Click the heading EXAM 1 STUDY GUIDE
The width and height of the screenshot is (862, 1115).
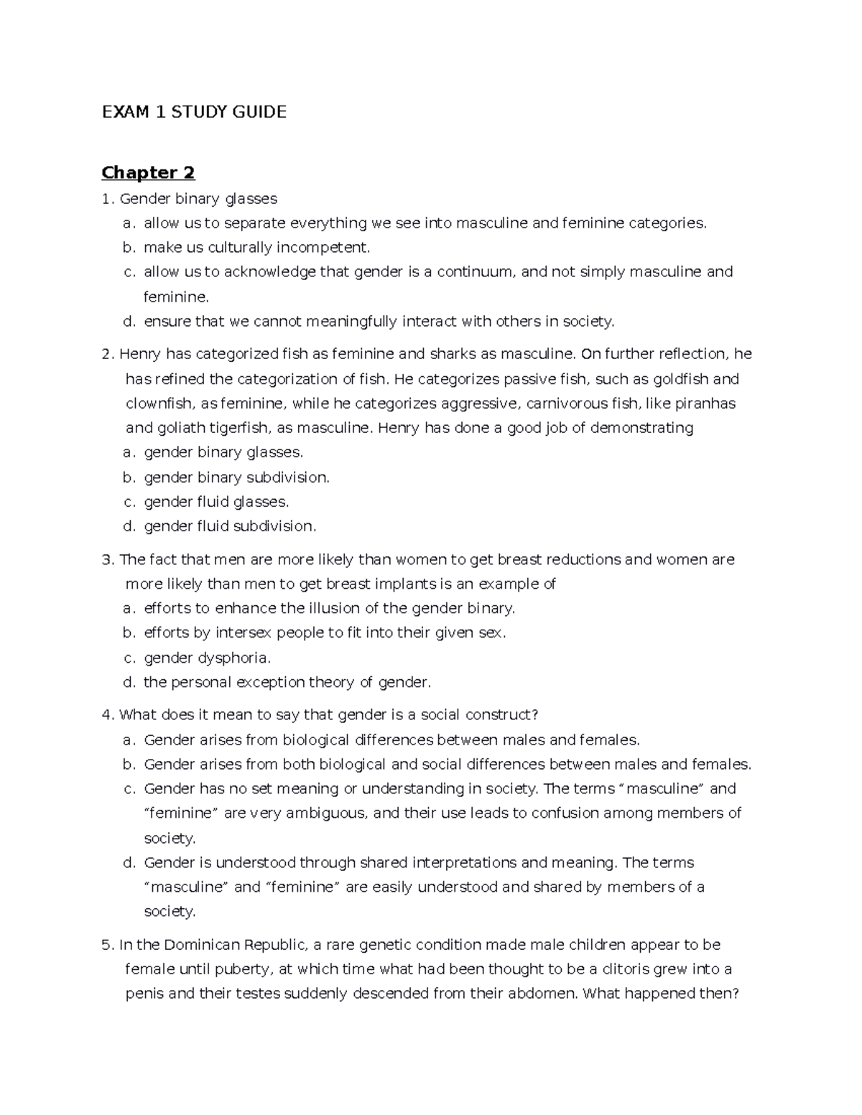[194, 111]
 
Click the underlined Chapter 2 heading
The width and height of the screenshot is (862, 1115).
[148, 172]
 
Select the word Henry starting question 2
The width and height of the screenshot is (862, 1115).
[140, 354]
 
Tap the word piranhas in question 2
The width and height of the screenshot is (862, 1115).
[704, 403]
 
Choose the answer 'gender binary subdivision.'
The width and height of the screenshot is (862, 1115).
[236, 477]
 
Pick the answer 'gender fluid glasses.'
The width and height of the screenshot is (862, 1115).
[216, 502]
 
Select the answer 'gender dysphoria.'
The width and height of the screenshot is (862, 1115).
[207, 658]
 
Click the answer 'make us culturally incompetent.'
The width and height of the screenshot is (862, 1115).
[256, 248]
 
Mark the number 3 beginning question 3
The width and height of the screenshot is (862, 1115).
[107, 559]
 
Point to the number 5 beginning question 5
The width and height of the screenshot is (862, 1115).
[107, 945]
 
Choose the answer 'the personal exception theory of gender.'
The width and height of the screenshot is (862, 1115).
[287, 682]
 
